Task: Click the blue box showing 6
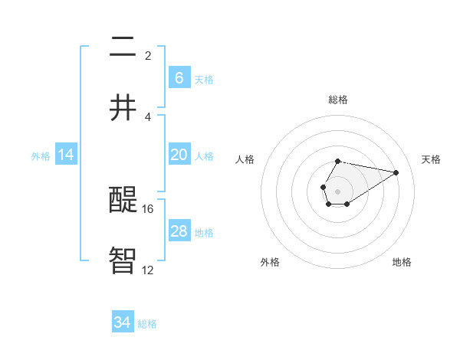click(179, 77)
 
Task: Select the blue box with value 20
click(179, 155)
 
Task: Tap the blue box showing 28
click(179, 231)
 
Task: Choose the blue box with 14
click(66, 155)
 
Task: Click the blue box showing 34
click(123, 322)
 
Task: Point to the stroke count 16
click(148, 208)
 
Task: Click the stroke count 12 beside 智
click(148, 270)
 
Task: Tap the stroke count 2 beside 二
click(148, 55)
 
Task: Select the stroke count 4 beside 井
click(148, 116)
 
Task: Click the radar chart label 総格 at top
click(337, 100)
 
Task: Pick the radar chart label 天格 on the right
click(431, 159)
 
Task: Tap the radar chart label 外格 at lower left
click(269, 262)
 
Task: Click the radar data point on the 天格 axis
click(396, 172)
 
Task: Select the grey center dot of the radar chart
click(337, 191)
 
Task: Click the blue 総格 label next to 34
click(147, 324)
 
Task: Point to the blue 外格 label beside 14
click(41, 156)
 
